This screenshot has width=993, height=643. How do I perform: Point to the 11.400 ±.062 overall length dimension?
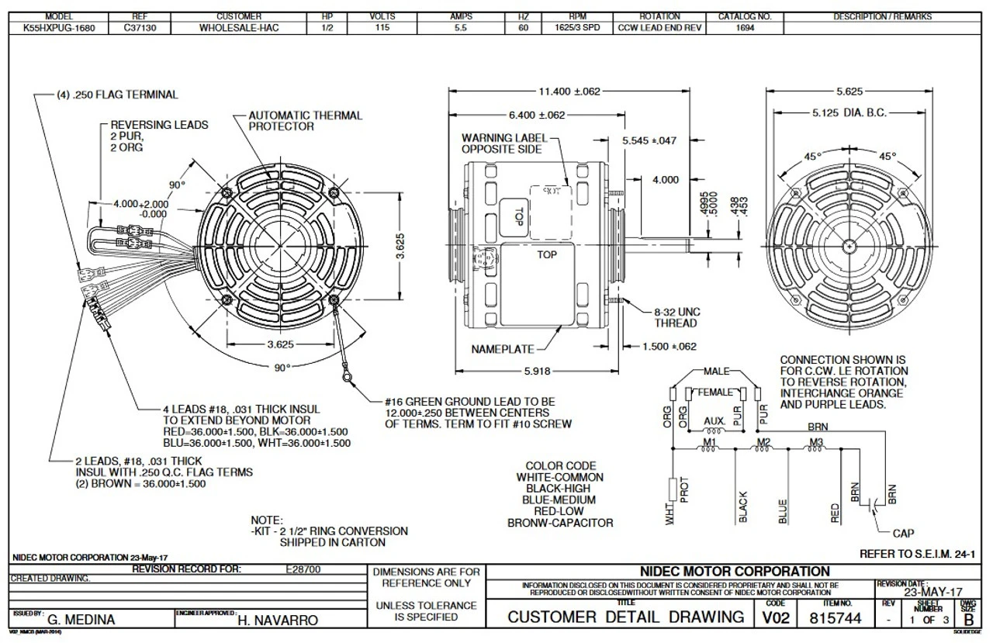(x=569, y=92)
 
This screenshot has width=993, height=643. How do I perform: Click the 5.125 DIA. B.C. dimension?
(x=849, y=113)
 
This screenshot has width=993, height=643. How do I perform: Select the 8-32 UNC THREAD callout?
(x=676, y=317)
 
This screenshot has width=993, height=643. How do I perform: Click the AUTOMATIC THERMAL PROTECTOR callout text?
(x=304, y=120)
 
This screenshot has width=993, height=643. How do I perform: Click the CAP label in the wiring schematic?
(x=902, y=533)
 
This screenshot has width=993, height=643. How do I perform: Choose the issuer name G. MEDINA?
(x=81, y=620)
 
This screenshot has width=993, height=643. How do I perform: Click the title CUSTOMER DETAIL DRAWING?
(x=626, y=617)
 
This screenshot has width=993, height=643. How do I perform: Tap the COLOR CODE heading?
(x=559, y=466)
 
